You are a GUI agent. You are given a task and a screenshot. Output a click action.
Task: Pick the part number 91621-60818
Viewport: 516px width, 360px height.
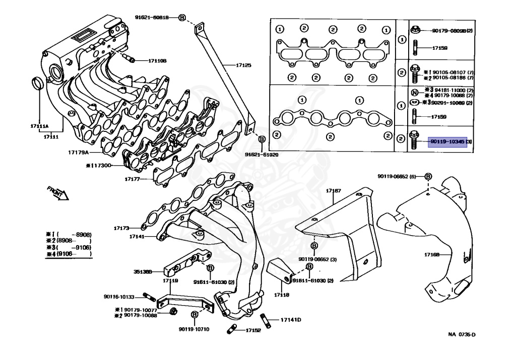(152, 17)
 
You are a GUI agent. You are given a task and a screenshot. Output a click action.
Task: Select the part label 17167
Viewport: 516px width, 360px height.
(333, 191)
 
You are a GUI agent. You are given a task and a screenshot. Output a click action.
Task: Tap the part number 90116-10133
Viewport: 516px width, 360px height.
(119, 297)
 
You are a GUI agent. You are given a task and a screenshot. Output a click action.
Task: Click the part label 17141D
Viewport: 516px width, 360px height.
(291, 320)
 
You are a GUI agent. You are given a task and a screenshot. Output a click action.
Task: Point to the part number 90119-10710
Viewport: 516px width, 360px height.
(193, 329)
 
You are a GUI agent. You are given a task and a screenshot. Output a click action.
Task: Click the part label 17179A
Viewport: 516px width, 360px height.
(79, 152)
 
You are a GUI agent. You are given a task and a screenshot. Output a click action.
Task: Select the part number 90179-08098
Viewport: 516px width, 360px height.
(448, 31)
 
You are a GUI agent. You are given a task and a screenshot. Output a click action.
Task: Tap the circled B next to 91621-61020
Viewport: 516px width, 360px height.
(262, 139)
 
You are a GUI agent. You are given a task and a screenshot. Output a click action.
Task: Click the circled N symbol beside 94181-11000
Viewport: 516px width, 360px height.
(414, 92)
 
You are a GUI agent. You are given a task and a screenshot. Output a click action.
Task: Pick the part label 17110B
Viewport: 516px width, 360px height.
(157, 61)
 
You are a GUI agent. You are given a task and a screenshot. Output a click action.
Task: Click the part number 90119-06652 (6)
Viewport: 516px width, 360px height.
(397, 176)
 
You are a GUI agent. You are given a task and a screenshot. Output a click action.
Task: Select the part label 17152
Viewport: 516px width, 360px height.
(253, 330)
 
